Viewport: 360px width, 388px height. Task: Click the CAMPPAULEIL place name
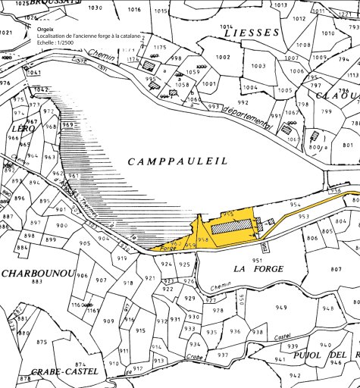178,161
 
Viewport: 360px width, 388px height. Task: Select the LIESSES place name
249,33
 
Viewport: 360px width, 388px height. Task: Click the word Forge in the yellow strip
169,248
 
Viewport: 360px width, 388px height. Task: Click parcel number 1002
223,58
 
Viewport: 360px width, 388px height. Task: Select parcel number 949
281,307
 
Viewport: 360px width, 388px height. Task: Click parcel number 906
83,275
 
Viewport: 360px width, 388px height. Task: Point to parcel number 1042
41,89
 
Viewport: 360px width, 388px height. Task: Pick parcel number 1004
250,87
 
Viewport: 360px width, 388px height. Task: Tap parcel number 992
243,102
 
